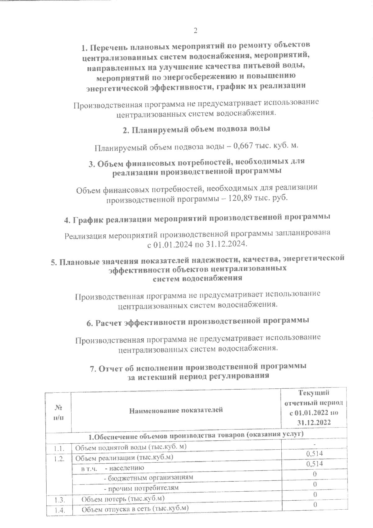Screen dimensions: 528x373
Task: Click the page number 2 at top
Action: (x=195, y=30)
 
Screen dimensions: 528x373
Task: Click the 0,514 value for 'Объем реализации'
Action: (x=314, y=454)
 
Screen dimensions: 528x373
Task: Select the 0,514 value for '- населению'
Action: (x=314, y=464)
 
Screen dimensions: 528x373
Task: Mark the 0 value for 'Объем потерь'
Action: (x=315, y=494)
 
